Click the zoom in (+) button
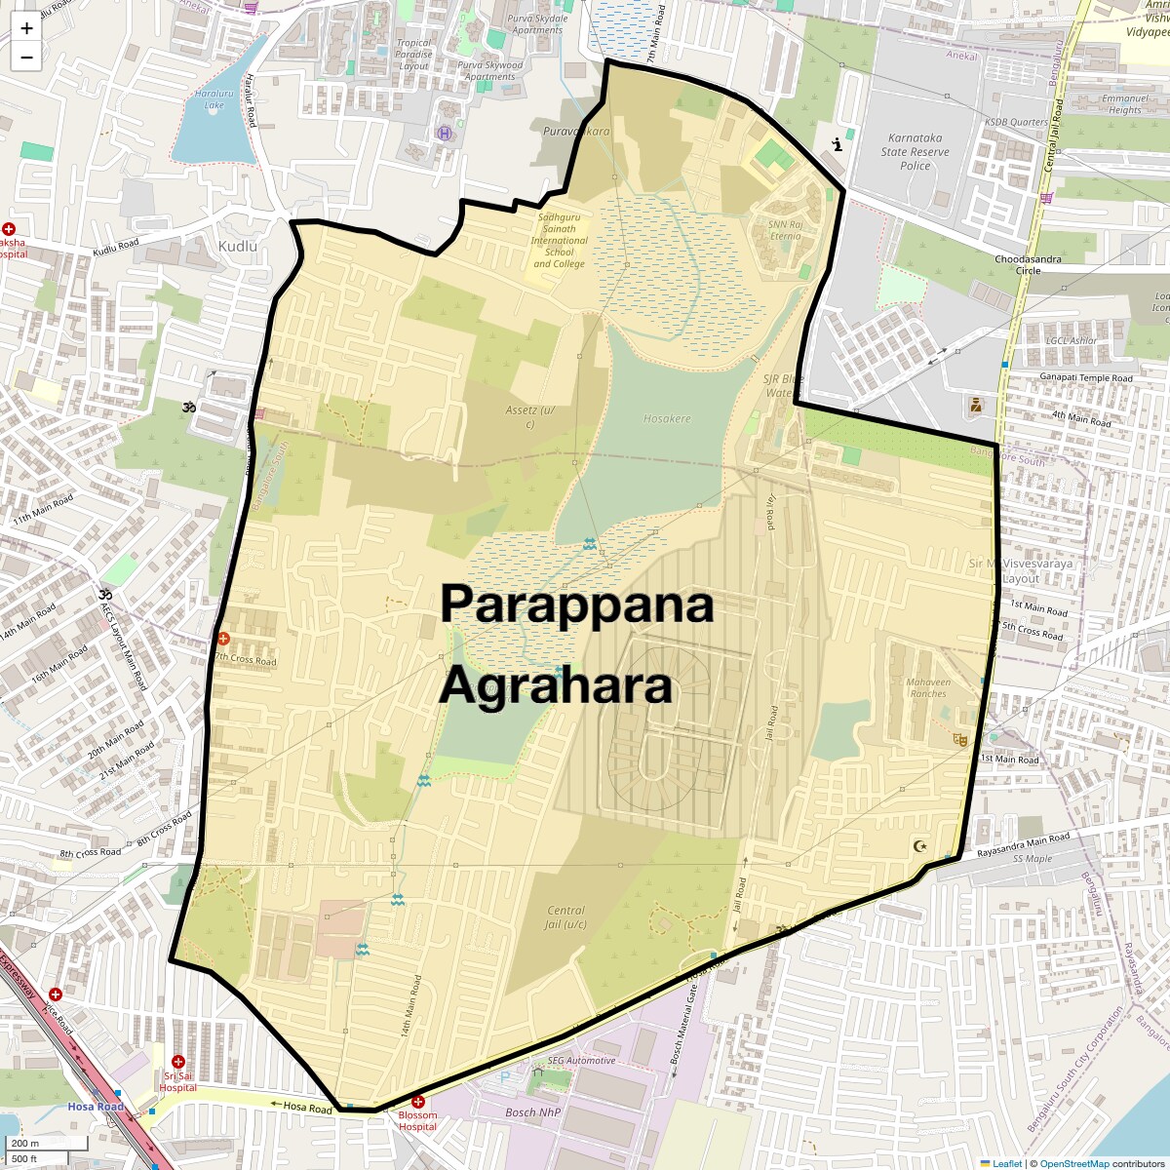point(26,28)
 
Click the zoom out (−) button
point(26,57)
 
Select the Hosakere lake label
point(667,418)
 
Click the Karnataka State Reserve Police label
point(915,152)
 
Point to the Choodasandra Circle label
point(1029,264)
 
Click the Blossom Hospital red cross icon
point(418,1102)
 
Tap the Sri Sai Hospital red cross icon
point(177,1061)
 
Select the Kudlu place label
point(238,247)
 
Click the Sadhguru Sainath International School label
point(559,241)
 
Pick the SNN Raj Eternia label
point(785,229)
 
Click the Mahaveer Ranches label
point(927,687)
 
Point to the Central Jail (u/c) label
point(565,917)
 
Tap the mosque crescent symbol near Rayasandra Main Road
point(918,845)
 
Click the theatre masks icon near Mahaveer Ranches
point(960,741)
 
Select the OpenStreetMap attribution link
point(1074,1163)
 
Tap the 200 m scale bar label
point(26,1144)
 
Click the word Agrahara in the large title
point(556,685)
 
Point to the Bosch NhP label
point(532,1112)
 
